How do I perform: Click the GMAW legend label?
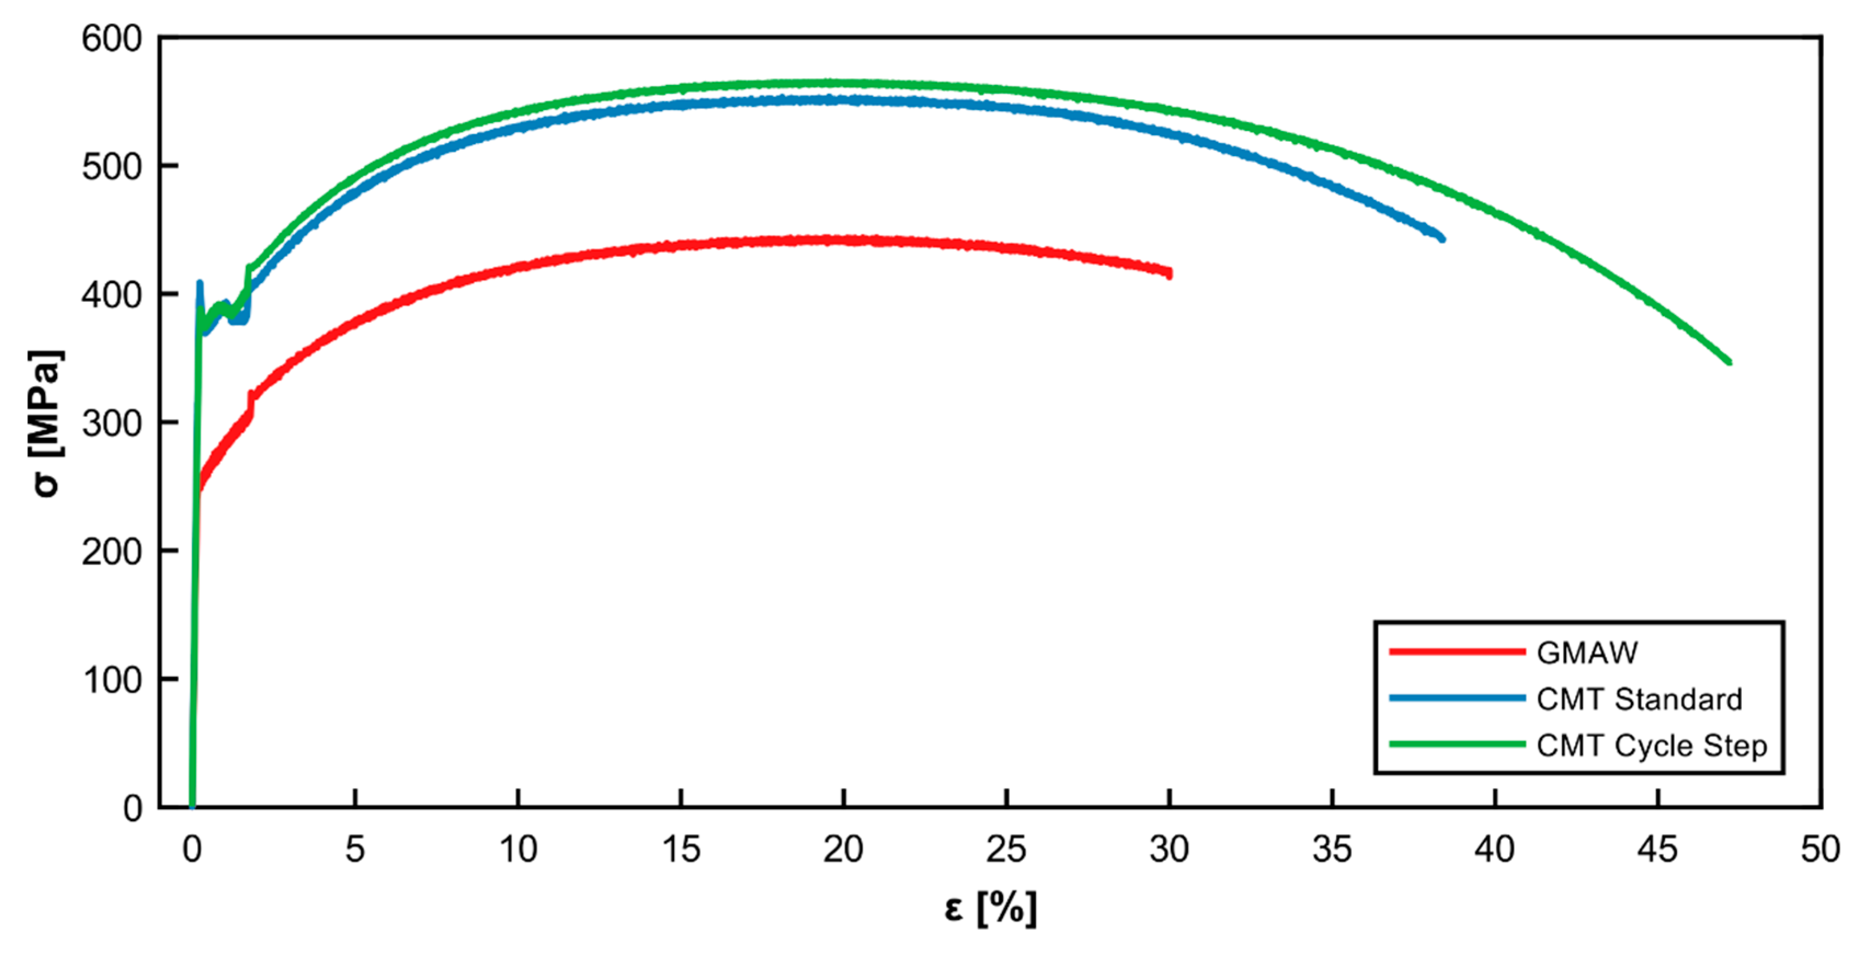pos(1587,652)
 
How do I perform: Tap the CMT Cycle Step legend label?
pos(1651,746)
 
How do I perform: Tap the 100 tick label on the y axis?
pos(111,680)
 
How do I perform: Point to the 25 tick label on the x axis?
pos(1006,849)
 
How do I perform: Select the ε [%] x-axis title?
pos(990,908)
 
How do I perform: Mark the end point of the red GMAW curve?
pos(1169,274)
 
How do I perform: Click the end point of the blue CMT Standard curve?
pos(1442,238)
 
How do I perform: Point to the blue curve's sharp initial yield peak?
pos(199,283)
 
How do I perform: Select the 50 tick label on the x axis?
pos(1819,849)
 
